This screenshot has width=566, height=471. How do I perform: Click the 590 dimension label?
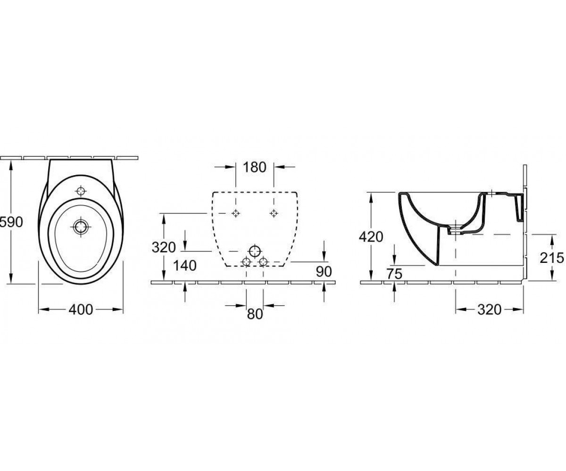tap(11, 222)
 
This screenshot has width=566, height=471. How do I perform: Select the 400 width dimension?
tap(81, 309)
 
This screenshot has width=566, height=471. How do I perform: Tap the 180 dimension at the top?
tap(254, 167)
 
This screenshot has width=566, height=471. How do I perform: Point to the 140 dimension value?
tap(184, 266)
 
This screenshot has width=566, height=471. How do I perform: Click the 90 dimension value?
tap(324, 271)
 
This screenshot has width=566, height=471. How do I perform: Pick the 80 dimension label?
tap(255, 314)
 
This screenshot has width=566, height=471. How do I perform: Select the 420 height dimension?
tap(371, 237)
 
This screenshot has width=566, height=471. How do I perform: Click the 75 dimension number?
tap(394, 274)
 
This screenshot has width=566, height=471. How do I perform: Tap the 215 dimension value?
tap(552, 258)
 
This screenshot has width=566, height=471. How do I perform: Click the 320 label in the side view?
tap(489, 309)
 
